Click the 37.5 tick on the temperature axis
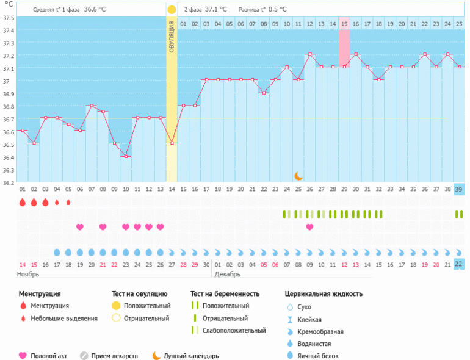point(8,18)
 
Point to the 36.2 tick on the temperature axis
point(8,182)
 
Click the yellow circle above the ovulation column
point(172,10)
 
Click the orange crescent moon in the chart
point(298,176)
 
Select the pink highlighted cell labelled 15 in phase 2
point(344,24)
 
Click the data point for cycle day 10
point(126,156)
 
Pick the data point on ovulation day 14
point(172,143)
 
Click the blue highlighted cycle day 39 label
point(459,190)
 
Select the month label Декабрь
point(228,275)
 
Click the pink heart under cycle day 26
point(309,227)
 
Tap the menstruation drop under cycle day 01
point(22,202)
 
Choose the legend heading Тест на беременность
point(229,293)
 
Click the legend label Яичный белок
point(319,356)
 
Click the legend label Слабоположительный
point(234,330)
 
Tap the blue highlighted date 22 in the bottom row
point(459,264)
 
